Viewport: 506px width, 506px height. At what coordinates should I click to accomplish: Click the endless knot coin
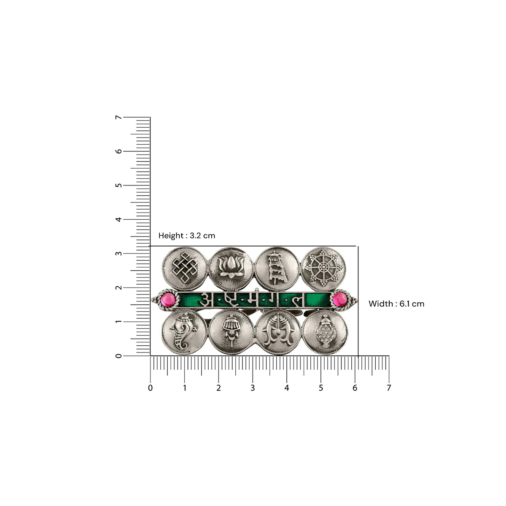(x=185, y=268)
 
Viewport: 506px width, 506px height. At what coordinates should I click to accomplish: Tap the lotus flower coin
(x=231, y=268)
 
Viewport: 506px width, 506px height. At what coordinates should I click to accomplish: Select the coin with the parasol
(x=277, y=268)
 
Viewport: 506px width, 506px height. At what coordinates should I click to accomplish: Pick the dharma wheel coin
(x=323, y=268)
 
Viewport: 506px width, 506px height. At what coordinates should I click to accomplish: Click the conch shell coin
(x=184, y=332)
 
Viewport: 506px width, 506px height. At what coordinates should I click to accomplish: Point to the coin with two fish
(x=278, y=332)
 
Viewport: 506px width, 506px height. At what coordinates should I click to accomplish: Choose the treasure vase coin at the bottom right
(x=325, y=332)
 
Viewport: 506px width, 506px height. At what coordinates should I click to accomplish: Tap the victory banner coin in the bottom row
(x=231, y=332)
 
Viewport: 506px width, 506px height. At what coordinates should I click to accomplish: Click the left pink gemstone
(x=168, y=300)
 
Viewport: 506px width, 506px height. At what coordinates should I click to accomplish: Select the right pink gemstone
(x=340, y=300)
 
